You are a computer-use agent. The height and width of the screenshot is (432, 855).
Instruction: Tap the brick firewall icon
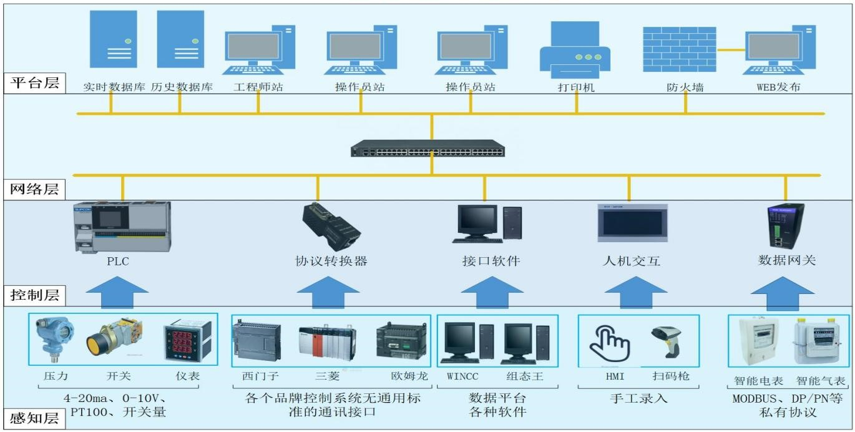pyautogui.click(x=679, y=49)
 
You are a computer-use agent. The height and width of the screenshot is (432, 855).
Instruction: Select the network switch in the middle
pyautogui.click(x=427, y=149)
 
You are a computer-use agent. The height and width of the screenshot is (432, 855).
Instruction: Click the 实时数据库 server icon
pyautogui.click(x=113, y=39)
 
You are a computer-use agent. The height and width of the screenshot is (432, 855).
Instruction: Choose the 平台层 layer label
pyautogui.click(x=35, y=82)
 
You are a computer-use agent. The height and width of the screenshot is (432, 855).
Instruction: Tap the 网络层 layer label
pyautogui.click(x=35, y=189)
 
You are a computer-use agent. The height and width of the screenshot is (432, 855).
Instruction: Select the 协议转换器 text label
pyautogui.click(x=331, y=261)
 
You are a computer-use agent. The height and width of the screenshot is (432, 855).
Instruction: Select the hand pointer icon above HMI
pyautogui.click(x=609, y=343)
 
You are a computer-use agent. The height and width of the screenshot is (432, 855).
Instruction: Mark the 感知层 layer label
pyautogui.click(x=35, y=418)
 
